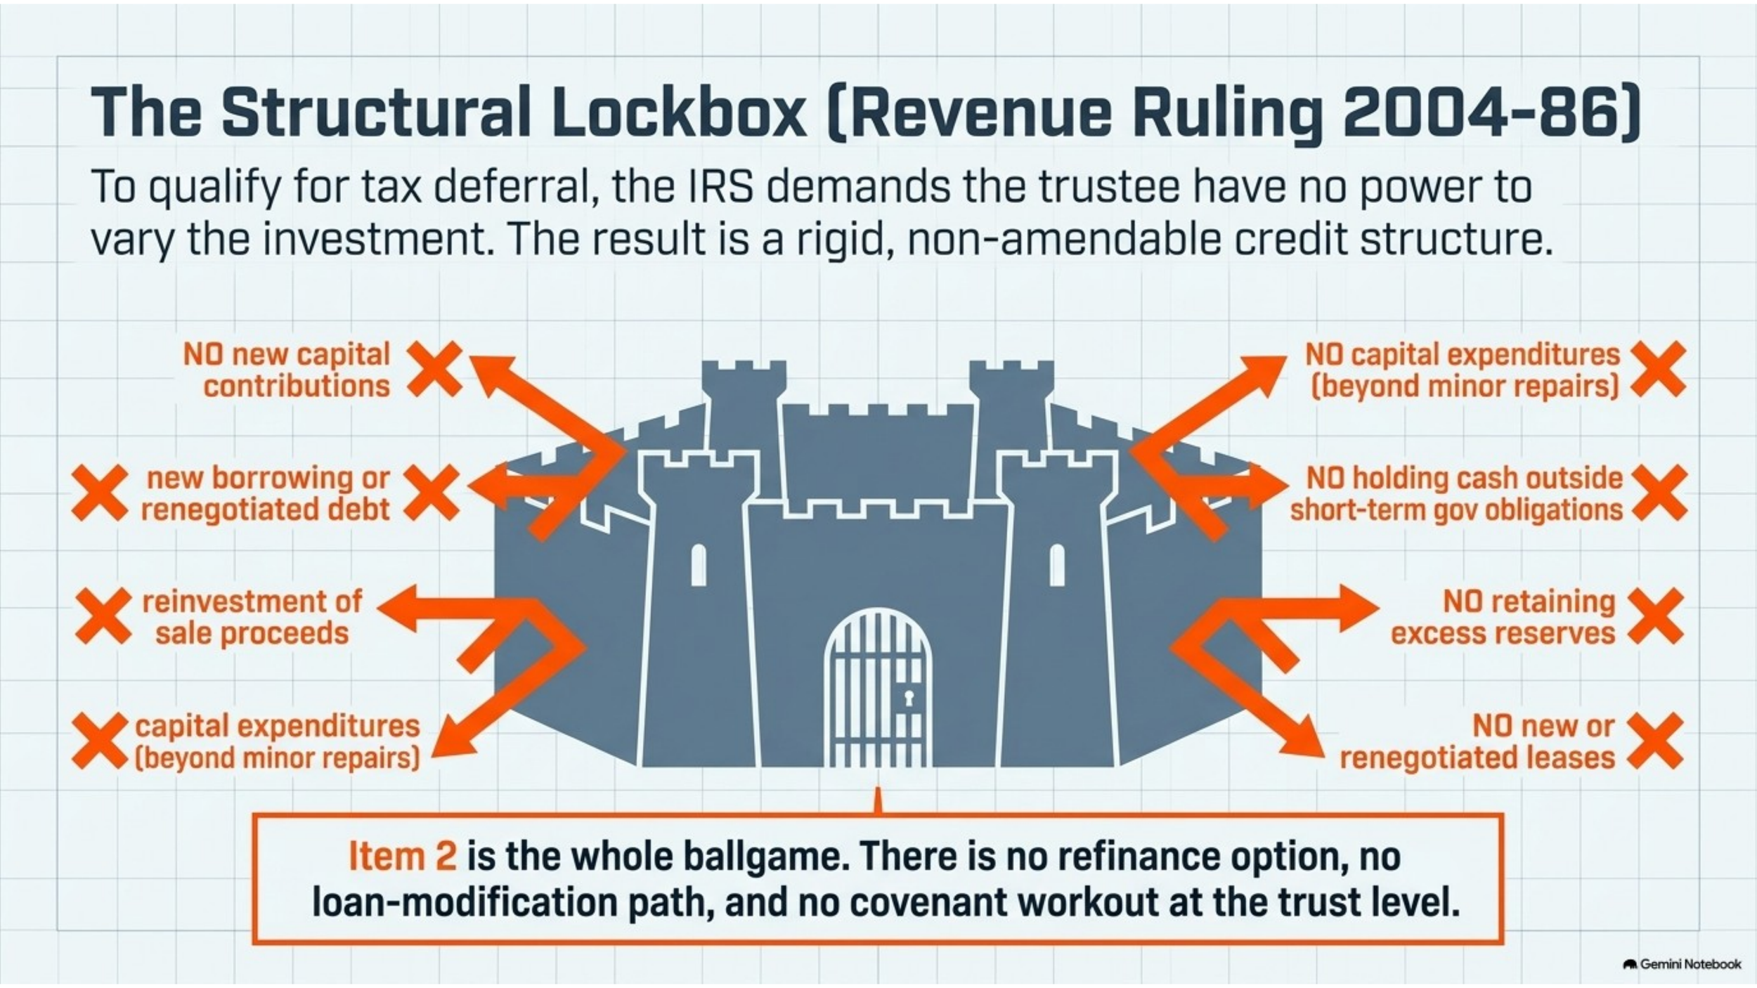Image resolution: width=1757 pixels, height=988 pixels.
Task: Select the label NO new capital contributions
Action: [x=287, y=370]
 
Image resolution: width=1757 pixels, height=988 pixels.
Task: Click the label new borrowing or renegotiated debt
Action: [x=265, y=494]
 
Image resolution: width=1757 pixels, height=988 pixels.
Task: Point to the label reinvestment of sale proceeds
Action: [x=252, y=618]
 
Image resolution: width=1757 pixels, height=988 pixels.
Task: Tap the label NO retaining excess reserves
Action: [x=1503, y=618]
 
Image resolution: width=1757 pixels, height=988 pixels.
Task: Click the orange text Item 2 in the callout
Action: [x=403, y=857]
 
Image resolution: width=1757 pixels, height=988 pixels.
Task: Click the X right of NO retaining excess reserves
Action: [x=1656, y=616]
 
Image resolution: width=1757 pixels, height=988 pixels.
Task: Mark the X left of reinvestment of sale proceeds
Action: [x=103, y=616]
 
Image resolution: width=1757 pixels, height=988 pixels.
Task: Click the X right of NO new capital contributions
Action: [x=435, y=369]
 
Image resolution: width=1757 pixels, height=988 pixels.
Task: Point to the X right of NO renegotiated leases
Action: [x=1655, y=741]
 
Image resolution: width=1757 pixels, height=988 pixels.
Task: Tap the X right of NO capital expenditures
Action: [x=1658, y=369]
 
